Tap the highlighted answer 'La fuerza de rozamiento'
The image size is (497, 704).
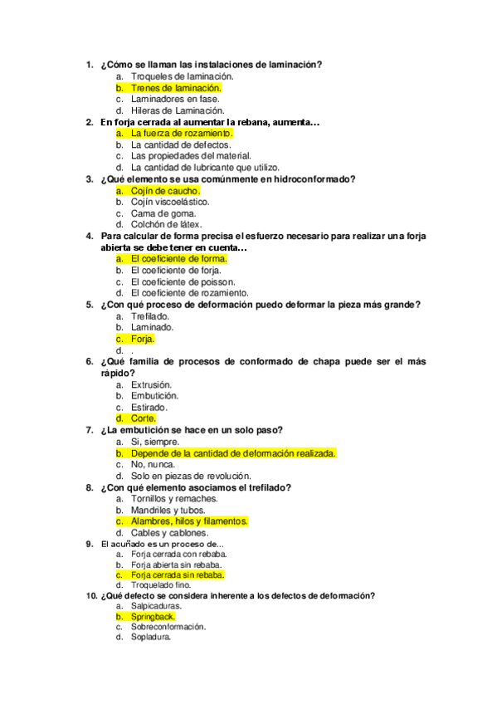[182, 133]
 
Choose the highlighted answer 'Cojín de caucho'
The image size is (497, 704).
[165, 190]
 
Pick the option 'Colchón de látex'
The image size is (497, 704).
[163, 224]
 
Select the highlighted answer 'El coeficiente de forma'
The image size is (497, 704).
[178, 258]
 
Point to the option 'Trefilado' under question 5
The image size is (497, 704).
[150, 316]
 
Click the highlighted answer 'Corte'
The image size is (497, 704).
[144, 418]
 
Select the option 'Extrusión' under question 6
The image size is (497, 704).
[151, 384]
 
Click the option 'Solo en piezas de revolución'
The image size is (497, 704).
[190, 476]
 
